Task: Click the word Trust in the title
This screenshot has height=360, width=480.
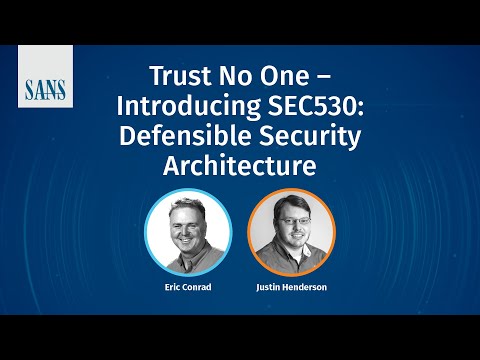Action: pyautogui.click(x=178, y=76)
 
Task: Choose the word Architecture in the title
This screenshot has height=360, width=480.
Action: pyautogui.click(x=239, y=166)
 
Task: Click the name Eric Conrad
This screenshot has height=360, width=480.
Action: pyautogui.click(x=187, y=286)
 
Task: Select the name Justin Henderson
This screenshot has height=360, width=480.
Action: pyautogui.click(x=291, y=286)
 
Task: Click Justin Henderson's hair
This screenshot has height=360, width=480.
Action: pyautogui.click(x=292, y=205)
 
